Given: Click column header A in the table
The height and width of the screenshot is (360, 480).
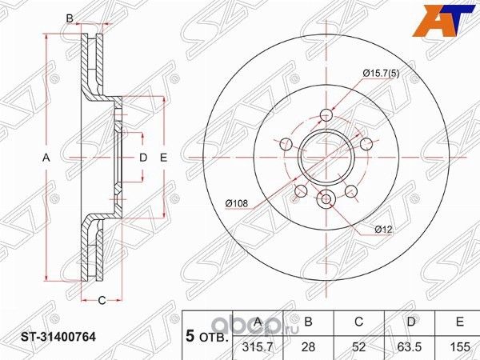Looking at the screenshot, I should pyautogui.click(x=258, y=322).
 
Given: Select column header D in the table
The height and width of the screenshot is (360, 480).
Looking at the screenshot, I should pyautogui.click(x=410, y=322).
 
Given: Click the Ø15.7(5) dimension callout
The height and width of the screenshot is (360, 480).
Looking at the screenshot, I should pyautogui.click(x=381, y=74).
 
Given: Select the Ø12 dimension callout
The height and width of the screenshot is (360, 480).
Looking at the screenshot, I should pyautogui.click(x=383, y=229).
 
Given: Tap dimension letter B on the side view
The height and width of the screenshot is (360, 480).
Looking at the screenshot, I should pyautogui.click(x=70, y=18).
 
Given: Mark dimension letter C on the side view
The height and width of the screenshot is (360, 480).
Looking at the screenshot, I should pyautogui.click(x=102, y=300).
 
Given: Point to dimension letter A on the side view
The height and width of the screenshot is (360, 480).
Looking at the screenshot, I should pyautogui.click(x=46, y=158).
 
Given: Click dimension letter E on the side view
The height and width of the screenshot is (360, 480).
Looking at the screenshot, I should pyautogui.click(x=163, y=158).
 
